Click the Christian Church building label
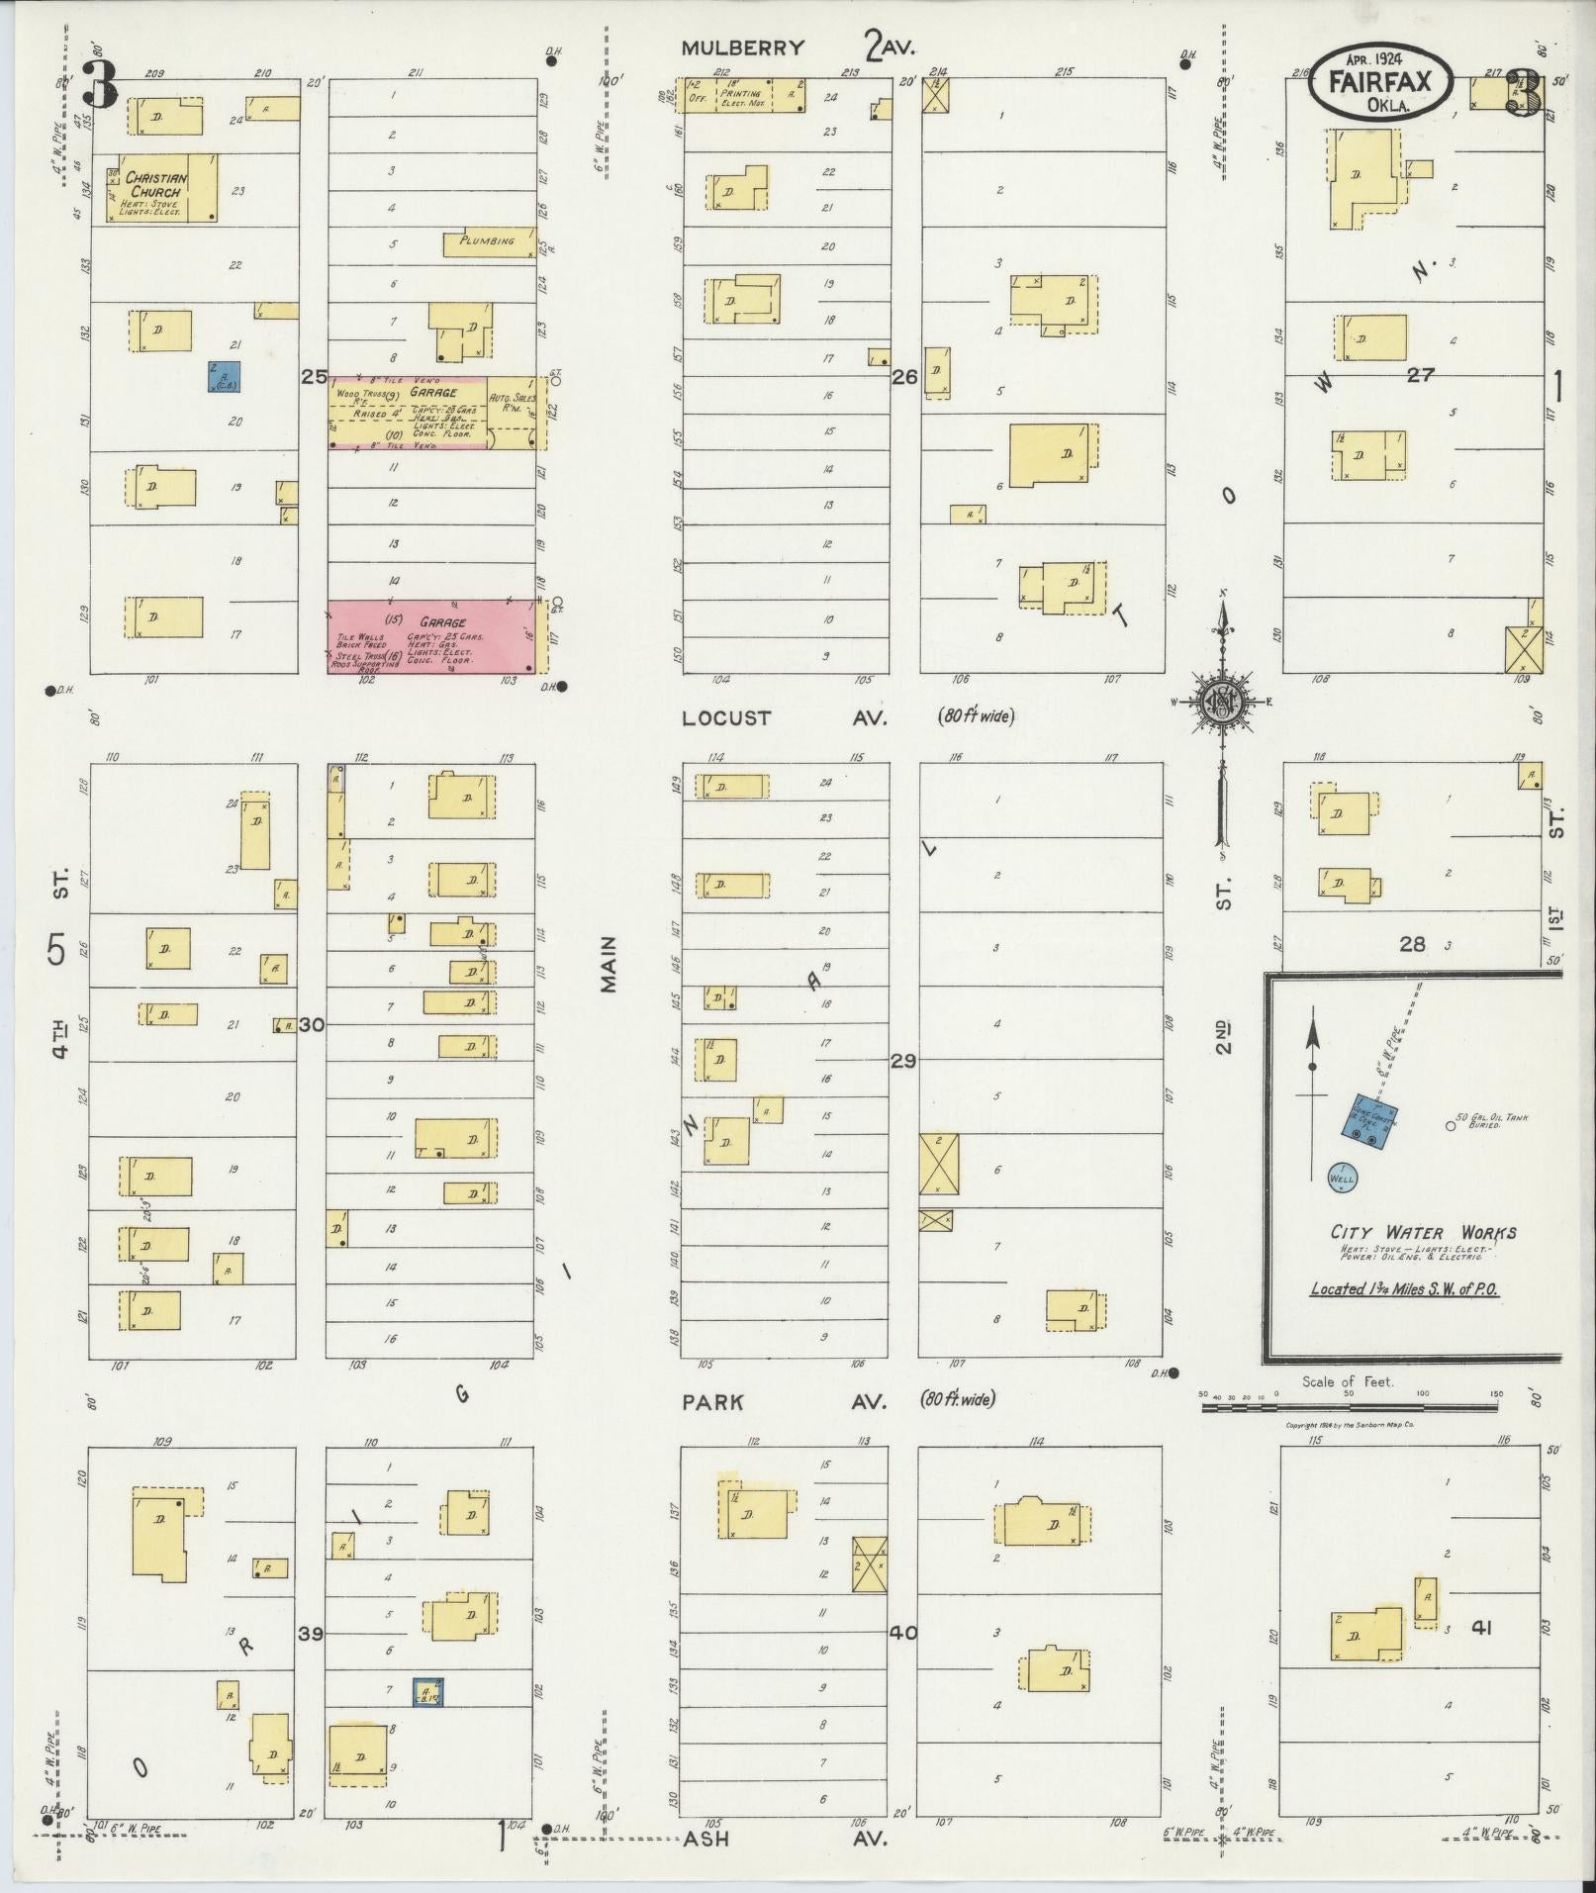[152, 184]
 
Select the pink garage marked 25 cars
[430, 636]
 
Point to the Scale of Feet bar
[1349, 1403]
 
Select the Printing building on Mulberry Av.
[740, 95]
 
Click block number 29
[902, 1061]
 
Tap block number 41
[1481, 1627]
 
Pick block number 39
[311, 1634]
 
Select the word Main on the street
[608, 965]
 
